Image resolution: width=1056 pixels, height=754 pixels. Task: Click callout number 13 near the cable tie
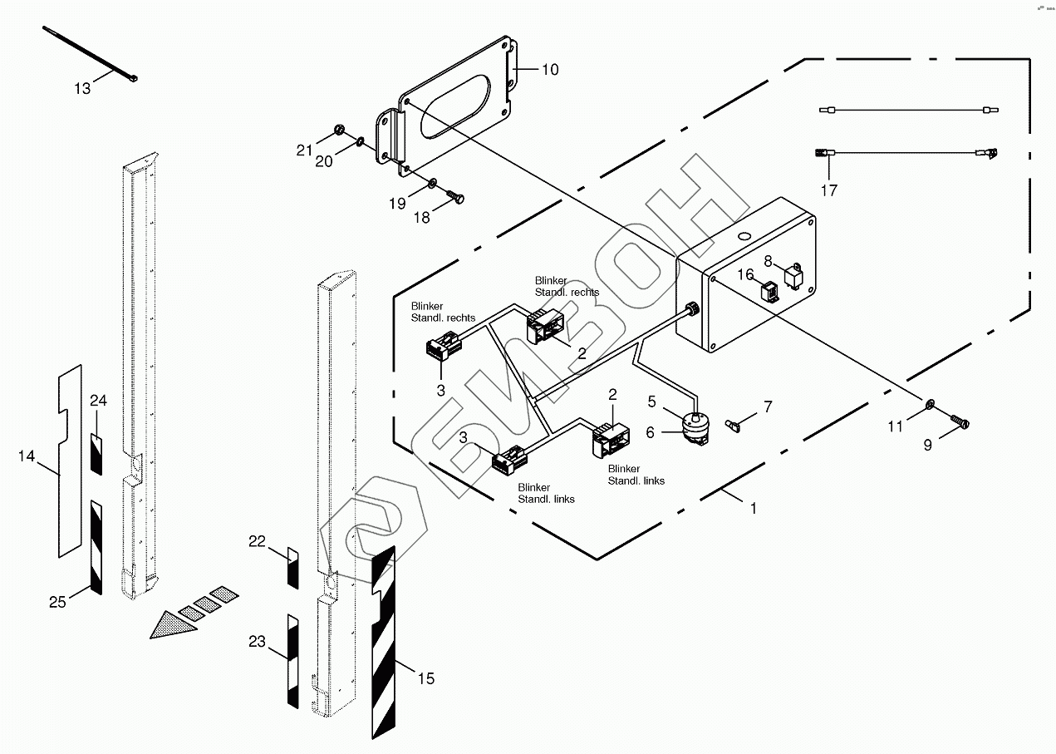[82, 88]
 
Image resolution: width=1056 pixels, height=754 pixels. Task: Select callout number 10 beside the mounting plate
[550, 70]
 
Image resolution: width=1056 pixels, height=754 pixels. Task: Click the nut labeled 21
[339, 130]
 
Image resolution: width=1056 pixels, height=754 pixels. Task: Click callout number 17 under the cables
[829, 190]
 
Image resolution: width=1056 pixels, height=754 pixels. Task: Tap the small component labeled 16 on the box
[769, 292]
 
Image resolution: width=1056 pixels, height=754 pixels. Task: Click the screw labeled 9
[960, 423]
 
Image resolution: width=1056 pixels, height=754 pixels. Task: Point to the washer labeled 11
[931, 406]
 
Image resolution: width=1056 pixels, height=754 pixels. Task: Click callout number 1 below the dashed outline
[754, 508]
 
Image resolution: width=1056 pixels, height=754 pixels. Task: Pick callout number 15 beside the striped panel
[425, 679]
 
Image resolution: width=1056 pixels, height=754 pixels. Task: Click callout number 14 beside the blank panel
[27, 456]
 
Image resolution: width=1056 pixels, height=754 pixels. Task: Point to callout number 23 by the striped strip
[257, 641]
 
